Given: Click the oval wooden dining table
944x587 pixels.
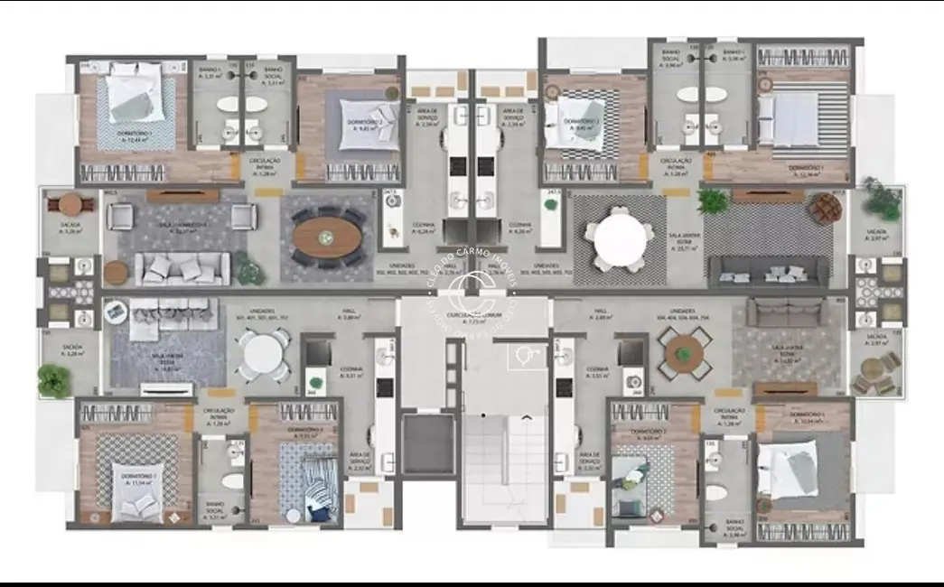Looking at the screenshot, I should [326, 236].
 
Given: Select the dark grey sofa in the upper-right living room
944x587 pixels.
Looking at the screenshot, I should [768, 271].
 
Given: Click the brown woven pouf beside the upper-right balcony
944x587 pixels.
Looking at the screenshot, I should [824, 209].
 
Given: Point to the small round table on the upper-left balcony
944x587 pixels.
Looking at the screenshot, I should [71, 204].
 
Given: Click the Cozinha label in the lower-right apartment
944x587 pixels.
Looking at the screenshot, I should [597, 371].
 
